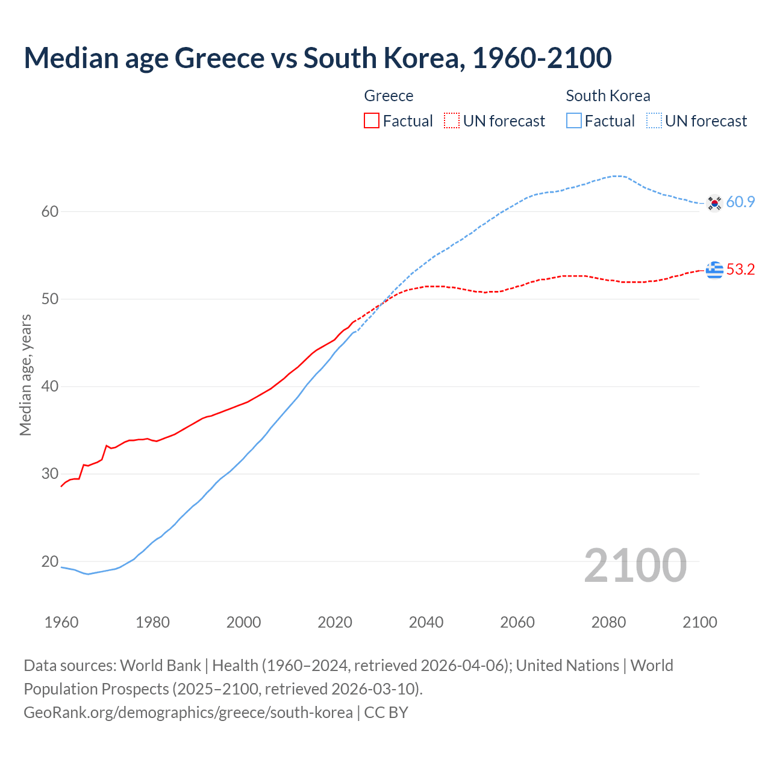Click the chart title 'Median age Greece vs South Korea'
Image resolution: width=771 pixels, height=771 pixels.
coord(317,58)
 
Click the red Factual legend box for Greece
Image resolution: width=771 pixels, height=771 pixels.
coord(372,121)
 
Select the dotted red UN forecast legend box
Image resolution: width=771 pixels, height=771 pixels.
coord(452,121)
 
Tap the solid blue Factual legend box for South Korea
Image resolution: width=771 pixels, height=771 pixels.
coord(574,121)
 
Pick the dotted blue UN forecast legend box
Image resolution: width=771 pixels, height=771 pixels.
coord(654,121)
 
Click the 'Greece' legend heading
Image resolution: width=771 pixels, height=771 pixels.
coord(389,96)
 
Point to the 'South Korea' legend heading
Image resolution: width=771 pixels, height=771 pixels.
coord(608,96)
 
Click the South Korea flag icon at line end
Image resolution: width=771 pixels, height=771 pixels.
coord(714,203)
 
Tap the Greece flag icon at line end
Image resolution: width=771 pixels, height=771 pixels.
coord(714,270)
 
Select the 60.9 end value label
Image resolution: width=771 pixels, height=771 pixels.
coord(740,202)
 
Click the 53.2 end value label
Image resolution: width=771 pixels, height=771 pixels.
coord(740,270)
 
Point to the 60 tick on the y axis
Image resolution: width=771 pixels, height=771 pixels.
coord(50,211)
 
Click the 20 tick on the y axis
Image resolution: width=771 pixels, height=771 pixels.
coord(50,561)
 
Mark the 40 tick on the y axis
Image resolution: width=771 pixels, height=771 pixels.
coord(50,386)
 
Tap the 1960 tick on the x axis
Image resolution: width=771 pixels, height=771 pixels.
coord(61,622)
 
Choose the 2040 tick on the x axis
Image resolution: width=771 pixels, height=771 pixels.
coord(426,622)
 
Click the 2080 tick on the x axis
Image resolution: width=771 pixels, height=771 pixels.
coord(608,622)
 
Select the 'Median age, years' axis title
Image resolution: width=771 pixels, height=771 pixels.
coord(25,375)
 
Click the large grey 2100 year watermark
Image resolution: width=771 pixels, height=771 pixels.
coord(635,565)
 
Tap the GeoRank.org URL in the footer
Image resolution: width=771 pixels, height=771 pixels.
coord(188,713)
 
